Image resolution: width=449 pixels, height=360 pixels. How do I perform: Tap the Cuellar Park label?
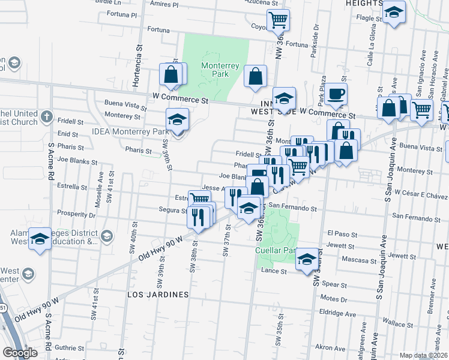click(276, 250)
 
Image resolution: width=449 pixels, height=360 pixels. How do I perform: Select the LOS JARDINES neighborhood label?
click(158, 295)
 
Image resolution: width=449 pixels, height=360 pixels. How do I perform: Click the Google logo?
click(20, 353)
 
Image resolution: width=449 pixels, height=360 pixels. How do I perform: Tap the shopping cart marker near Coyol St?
click(278, 20)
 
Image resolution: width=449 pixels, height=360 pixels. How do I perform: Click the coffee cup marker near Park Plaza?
click(337, 94)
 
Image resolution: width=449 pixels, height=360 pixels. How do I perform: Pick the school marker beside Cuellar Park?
click(307, 259)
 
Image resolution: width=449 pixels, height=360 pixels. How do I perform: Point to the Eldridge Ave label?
click(338, 314)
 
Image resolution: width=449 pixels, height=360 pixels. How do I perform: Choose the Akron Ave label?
click(331, 347)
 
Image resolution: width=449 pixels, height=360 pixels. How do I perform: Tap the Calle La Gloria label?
click(373, 50)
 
